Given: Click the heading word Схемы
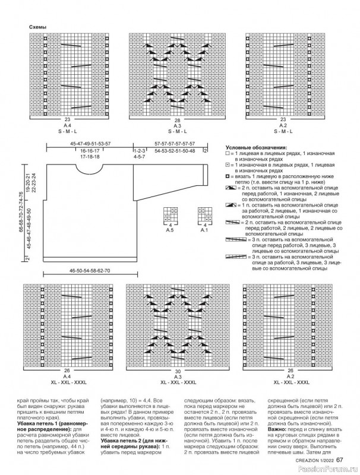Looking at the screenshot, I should pos(37,27).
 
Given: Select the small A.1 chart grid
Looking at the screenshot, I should pos(205,215).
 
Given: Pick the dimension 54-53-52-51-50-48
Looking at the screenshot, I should pos(170,151).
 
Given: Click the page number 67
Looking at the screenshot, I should pos(339,458).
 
